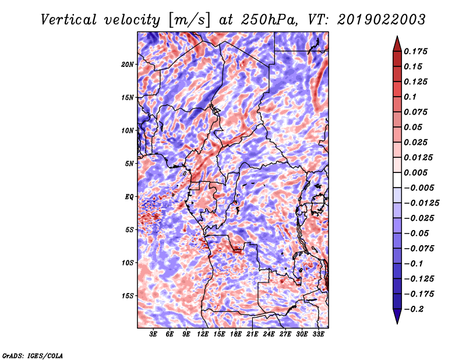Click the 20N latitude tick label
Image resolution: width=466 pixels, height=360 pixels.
click(128, 64)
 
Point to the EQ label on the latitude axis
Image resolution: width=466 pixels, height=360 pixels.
click(129, 197)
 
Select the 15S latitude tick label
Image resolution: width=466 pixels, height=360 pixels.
click(128, 296)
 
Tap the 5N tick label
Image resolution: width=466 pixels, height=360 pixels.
click(129, 164)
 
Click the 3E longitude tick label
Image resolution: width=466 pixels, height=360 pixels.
click(153, 335)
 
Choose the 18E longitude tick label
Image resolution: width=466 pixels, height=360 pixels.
click(236, 335)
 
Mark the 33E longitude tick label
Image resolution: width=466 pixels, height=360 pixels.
click(318, 335)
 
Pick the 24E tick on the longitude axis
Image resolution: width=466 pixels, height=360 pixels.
click(269, 335)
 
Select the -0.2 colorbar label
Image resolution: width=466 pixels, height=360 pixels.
click(416, 309)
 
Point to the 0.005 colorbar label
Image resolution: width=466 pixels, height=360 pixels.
click(417, 172)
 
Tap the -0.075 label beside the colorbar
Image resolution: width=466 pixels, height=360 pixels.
click(419, 248)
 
